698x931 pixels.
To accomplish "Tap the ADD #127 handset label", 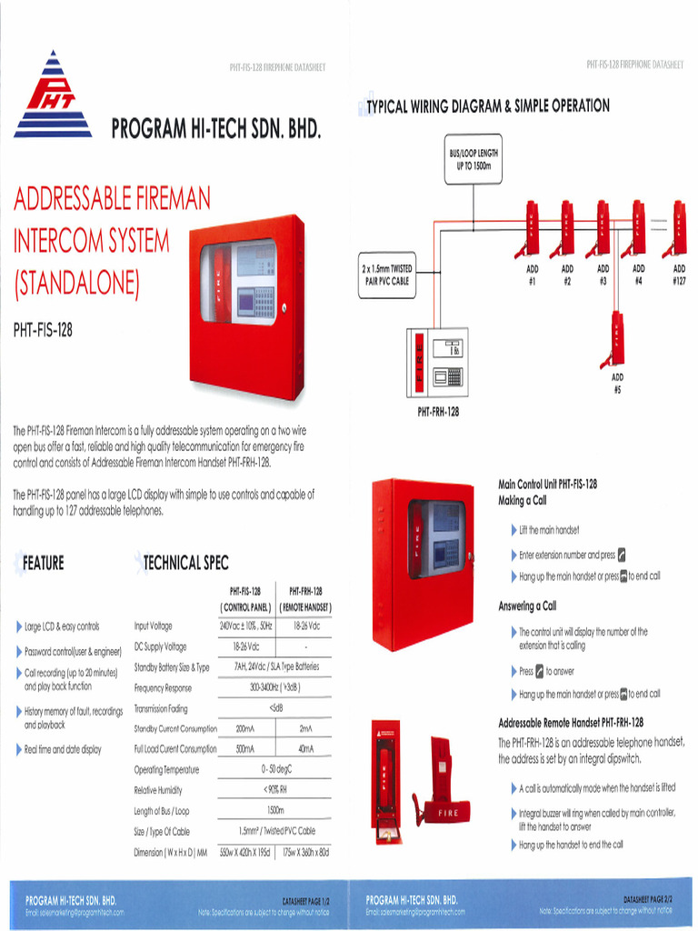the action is (x=679, y=275).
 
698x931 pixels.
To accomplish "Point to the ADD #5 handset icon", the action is (x=617, y=339).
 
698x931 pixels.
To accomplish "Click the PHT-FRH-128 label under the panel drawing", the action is (x=438, y=411).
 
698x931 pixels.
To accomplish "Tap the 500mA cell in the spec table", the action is (x=244, y=749).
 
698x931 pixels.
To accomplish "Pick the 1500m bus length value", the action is (x=274, y=810).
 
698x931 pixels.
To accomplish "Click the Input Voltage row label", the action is (x=153, y=626).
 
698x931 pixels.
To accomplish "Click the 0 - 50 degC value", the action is (x=274, y=769).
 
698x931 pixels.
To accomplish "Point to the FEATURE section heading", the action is (x=43, y=564).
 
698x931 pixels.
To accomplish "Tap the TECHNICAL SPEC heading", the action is (x=185, y=564).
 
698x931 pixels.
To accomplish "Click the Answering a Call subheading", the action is (x=527, y=606).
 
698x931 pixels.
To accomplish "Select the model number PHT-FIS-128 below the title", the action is (x=43, y=329).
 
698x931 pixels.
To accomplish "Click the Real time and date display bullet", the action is (x=63, y=749).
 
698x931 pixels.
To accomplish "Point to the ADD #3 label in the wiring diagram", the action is (x=603, y=275).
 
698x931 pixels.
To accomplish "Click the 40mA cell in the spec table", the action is (x=305, y=749).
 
